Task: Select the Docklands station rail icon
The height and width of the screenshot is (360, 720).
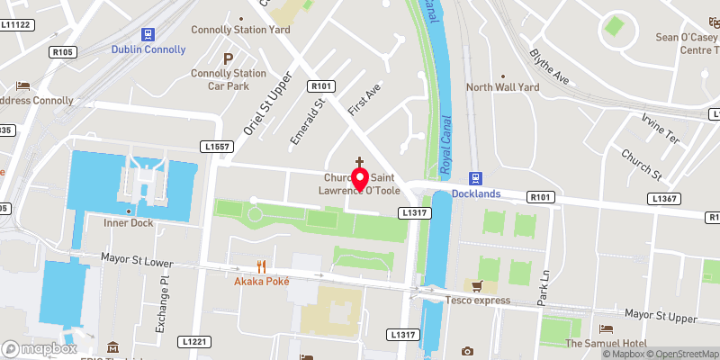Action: pyautogui.click(x=479, y=177)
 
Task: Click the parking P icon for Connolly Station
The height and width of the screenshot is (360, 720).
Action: pyautogui.click(x=228, y=57)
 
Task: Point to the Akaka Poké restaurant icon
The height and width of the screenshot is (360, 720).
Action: pyautogui.click(x=261, y=265)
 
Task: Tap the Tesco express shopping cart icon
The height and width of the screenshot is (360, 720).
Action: pyautogui.click(x=479, y=286)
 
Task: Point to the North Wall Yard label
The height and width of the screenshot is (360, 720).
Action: pyautogui.click(x=502, y=87)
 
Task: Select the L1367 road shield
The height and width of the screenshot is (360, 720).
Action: pyautogui.click(x=664, y=198)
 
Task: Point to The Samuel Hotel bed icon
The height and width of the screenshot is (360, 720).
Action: pyautogui.click(x=607, y=328)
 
